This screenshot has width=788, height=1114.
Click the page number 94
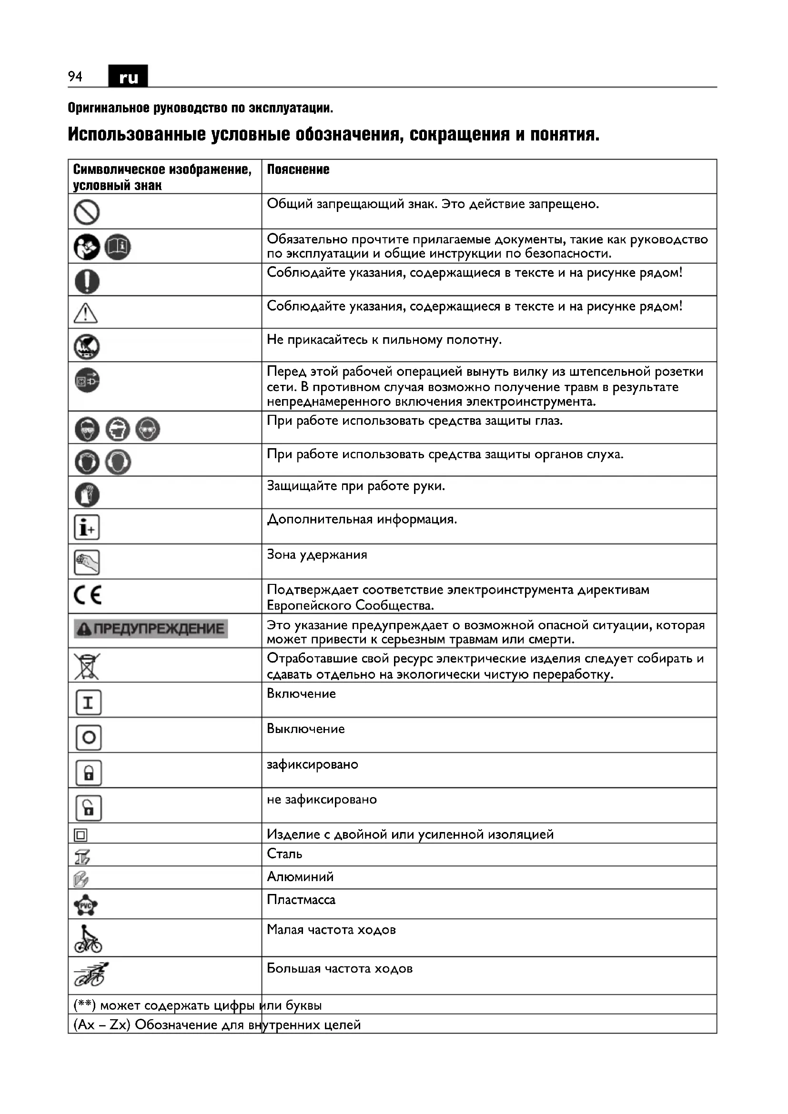click(x=75, y=77)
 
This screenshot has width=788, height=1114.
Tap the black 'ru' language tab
click(x=128, y=77)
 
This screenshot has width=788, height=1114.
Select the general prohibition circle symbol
click(x=87, y=212)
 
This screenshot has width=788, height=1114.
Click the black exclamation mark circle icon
click(x=87, y=281)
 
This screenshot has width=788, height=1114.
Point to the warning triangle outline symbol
click(x=86, y=313)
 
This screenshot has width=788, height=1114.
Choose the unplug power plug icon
click(x=87, y=381)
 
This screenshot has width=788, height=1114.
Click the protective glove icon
click(x=87, y=494)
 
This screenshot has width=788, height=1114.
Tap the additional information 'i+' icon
click(x=87, y=527)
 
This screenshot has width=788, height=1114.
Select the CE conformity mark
click(x=88, y=595)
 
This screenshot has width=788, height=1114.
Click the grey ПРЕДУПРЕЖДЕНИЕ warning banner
click(x=151, y=629)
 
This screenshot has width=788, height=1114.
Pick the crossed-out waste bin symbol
click(x=86, y=666)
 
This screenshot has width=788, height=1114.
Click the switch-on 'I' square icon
click(x=88, y=702)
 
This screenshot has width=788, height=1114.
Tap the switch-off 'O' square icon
click(x=88, y=737)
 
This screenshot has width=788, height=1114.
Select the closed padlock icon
click(x=88, y=773)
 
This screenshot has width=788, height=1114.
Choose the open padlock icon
click(x=88, y=808)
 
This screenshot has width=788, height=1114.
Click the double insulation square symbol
click(x=81, y=835)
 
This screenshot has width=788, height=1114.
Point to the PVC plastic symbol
click(x=86, y=904)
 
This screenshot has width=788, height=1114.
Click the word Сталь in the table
click(x=284, y=854)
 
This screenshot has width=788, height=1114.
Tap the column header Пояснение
click(x=298, y=170)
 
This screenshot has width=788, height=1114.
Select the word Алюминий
click(x=300, y=877)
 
